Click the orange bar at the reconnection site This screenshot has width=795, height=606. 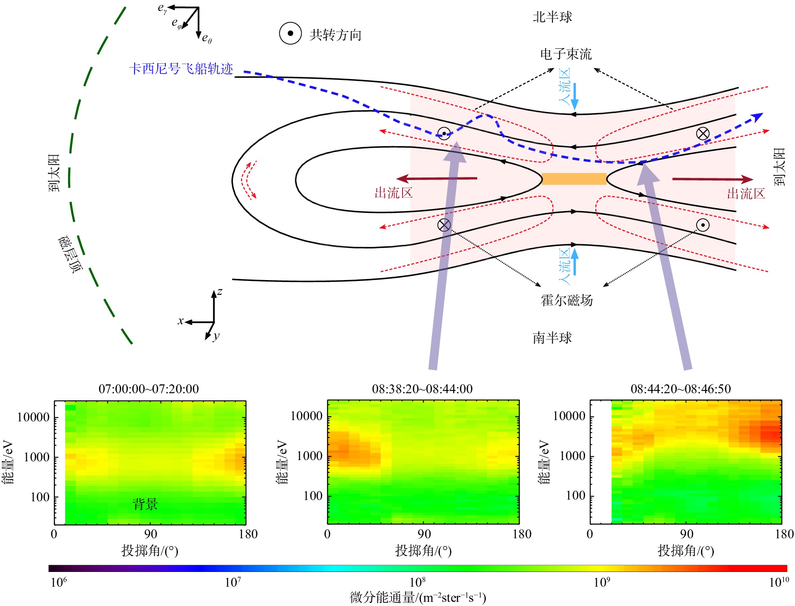pos(574,179)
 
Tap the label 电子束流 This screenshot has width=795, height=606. pos(566,54)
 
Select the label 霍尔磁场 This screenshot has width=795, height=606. pos(567,300)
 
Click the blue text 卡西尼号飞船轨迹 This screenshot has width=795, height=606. pos(181,69)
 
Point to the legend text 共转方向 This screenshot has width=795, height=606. pos(335,35)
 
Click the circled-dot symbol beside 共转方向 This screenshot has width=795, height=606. pos(290,33)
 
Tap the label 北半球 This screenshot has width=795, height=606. pos(552,17)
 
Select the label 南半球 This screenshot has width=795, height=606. pos(552,338)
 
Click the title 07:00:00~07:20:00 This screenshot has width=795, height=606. pos(149,389)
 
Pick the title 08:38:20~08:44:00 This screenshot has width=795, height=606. pos(422,389)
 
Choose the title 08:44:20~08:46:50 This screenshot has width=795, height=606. pos(681,389)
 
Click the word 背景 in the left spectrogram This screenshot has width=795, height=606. pos(145,504)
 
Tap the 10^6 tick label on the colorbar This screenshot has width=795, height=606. pos(59,582)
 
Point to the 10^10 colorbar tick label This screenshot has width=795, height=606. pos(779,582)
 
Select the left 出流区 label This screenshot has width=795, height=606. pos(394,193)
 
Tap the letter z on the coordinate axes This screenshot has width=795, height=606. pos(220,292)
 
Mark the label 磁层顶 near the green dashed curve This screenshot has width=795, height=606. pos(70,254)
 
